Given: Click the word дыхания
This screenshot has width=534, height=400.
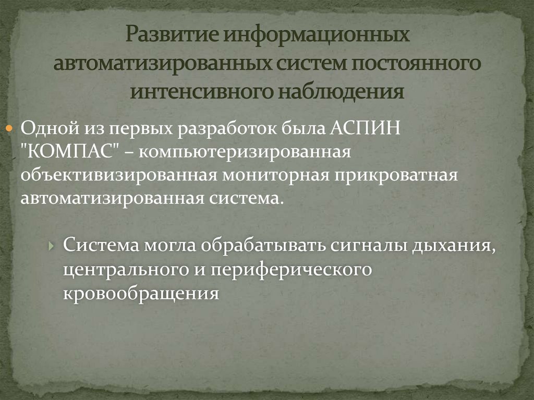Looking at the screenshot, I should point(453,245).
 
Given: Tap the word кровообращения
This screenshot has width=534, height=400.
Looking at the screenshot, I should point(140,293).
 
